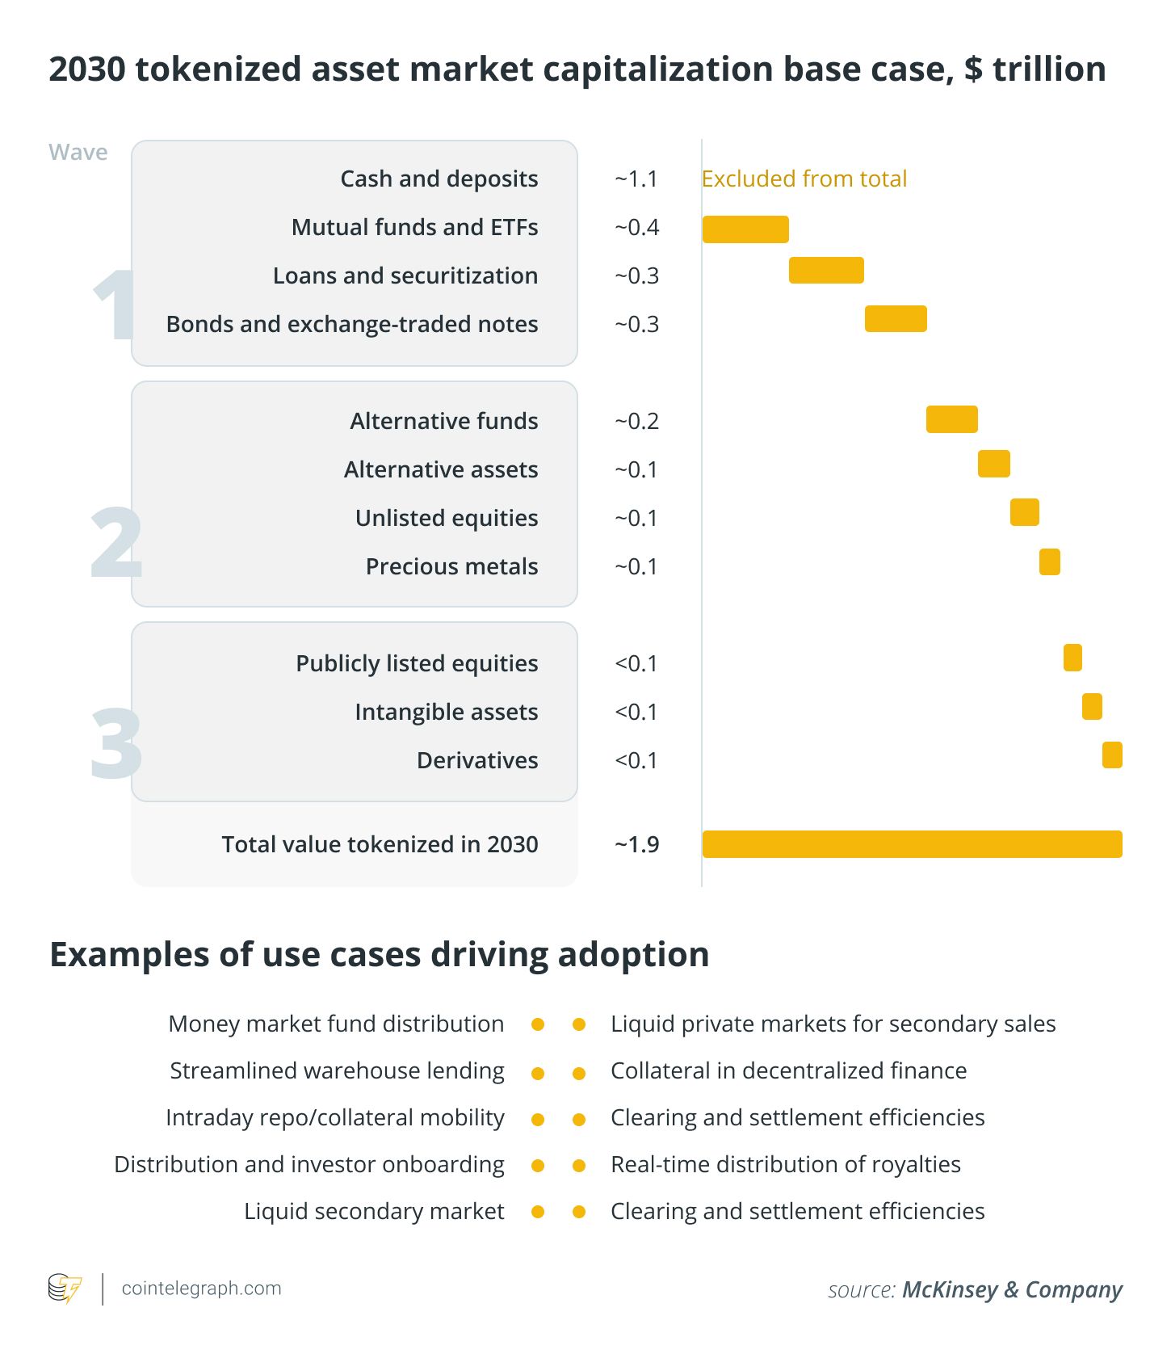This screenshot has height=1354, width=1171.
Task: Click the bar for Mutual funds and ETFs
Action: click(x=745, y=229)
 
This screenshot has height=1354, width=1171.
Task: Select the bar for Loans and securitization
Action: click(x=825, y=270)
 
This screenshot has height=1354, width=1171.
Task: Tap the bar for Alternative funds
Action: click(x=951, y=419)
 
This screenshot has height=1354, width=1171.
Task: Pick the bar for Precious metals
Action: click(x=1049, y=561)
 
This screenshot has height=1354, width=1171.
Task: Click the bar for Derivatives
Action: click(x=1111, y=755)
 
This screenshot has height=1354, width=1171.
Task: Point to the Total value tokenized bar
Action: click(x=911, y=844)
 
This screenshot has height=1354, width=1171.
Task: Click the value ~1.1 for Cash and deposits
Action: click(x=636, y=179)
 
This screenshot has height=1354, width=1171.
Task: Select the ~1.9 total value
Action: click(x=636, y=844)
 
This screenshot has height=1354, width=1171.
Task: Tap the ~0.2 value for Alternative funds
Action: click(x=636, y=421)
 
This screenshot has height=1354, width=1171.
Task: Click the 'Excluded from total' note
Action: click(x=804, y=179)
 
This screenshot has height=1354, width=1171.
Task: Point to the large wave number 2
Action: click(x=116, y=543)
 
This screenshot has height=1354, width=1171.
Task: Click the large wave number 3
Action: click(x=116, y=743)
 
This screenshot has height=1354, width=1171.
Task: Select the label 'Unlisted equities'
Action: click(x=446, y=518)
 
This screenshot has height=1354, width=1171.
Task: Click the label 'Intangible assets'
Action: click(x=446, y=712)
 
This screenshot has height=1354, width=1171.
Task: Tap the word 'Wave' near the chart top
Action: click(x=78, y=152)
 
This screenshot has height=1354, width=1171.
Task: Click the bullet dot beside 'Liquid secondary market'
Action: click(x=538, y=1212)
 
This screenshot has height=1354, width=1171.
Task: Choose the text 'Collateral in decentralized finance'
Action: click(x=788, y=1070)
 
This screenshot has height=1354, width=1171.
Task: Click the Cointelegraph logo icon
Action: click(x=65, y=1289)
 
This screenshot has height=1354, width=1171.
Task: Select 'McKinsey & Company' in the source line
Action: click(x=1012, y=1289)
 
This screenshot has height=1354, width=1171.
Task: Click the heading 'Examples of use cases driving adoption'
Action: click(x=380, y=954)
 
